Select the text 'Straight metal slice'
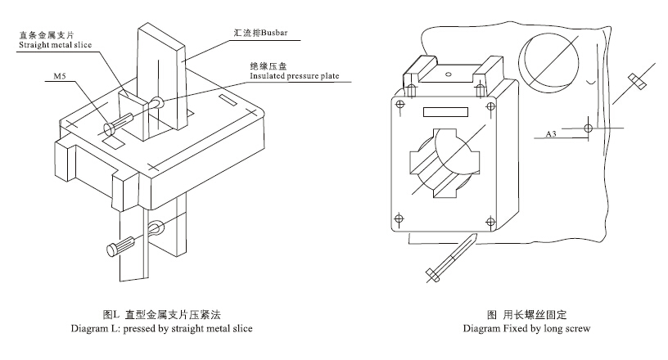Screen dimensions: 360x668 pyautogui.click(x=52, y=46)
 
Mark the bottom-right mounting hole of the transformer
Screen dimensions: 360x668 pyautogui.click(x=490, y=219)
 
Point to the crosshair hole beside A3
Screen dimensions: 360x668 pyautogui.click(x=589, y=128)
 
